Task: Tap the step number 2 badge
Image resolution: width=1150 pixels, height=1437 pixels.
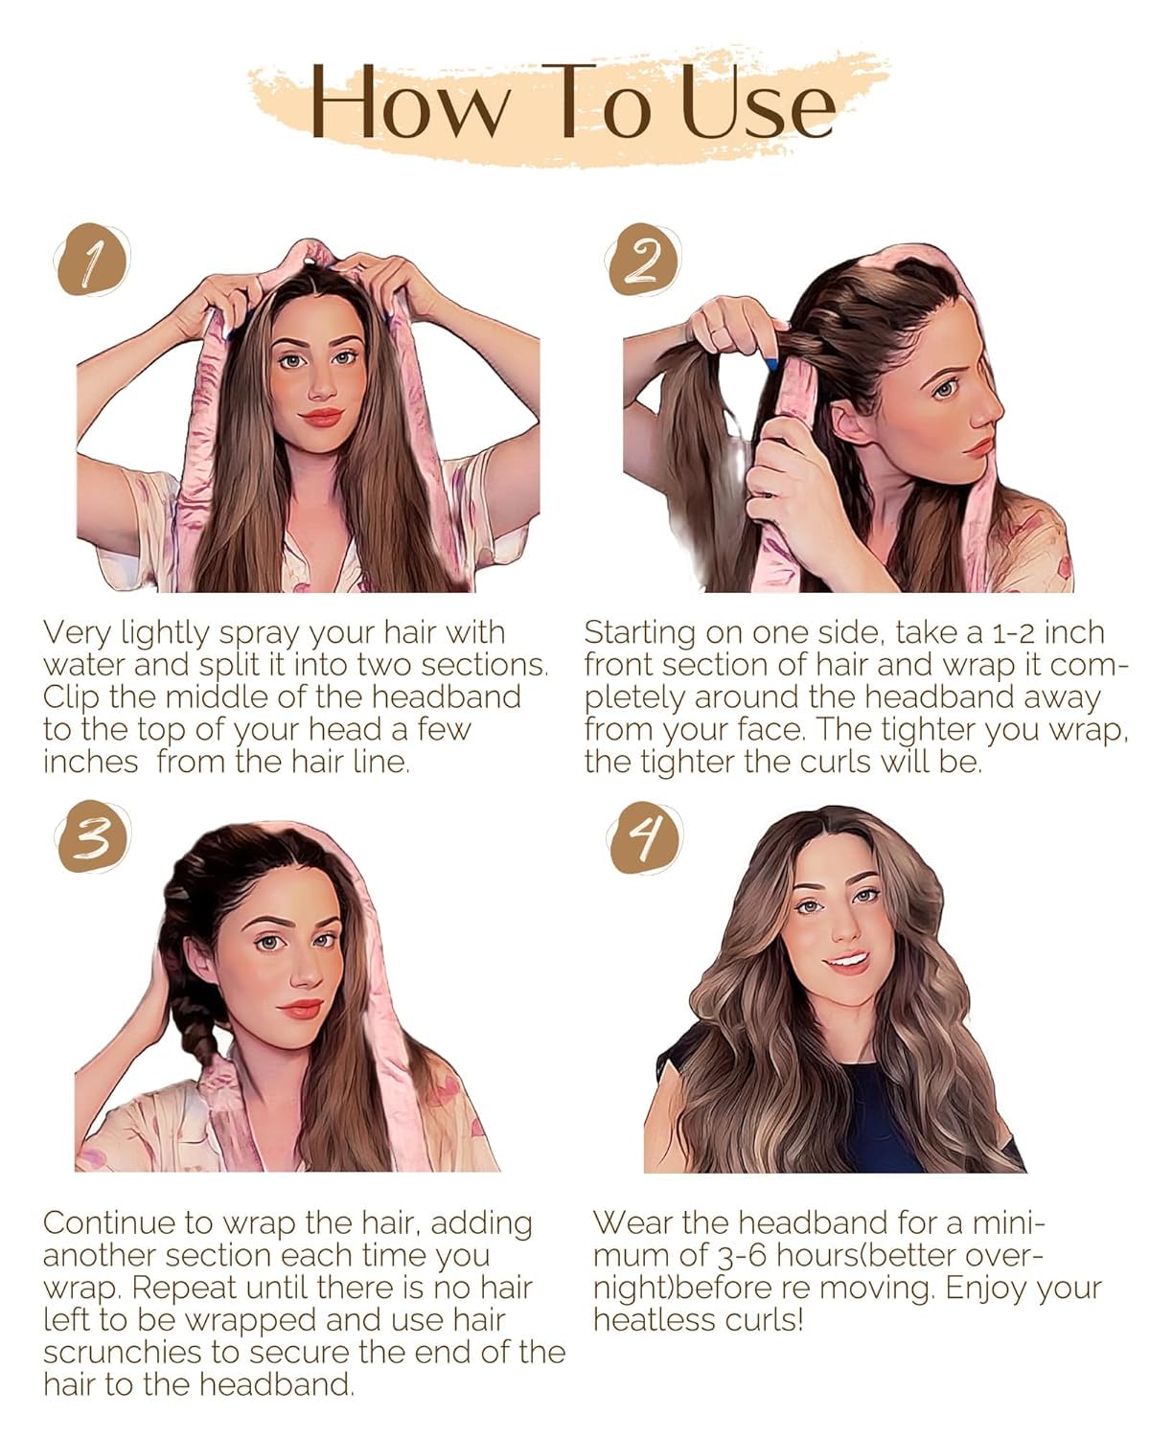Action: pyautogui.click(x=643, y=260)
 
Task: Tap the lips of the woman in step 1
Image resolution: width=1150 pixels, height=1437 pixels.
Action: pyautogui.click(x=322, y=418)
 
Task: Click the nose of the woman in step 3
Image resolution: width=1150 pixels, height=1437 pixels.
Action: pyautogui.click(x=305, y=975)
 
